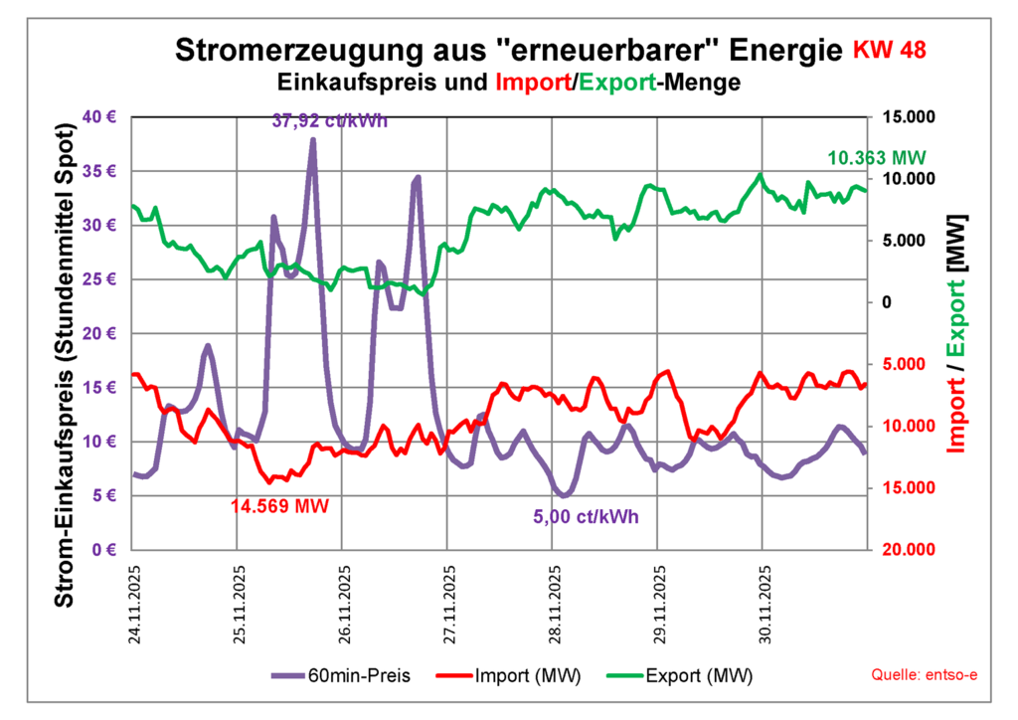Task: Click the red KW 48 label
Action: point(891,50)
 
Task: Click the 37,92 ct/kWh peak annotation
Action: point(329,121)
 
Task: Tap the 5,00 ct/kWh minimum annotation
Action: point(587,516)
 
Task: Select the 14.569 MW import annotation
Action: point(278,505)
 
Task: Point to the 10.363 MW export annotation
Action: point(877,158)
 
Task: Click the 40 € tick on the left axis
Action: point(102,116)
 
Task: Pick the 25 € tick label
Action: point(102,279)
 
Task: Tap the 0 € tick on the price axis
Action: point(106,550)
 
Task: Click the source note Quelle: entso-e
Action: point(925,676)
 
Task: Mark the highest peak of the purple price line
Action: point(312,140)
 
